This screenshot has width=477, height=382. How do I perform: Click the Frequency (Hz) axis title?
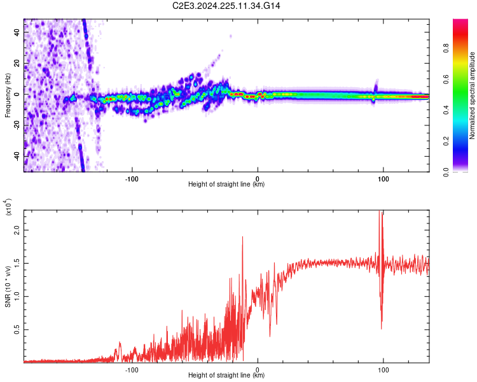tap(8, 95)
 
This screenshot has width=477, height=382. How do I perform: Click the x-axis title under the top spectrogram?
tap(226, 184)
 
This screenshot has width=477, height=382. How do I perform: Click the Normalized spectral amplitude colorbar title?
tap(473, 95)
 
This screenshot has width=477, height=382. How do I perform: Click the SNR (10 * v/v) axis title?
tap(8, 283)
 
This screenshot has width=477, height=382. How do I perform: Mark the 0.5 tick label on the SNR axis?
tap(17, 329)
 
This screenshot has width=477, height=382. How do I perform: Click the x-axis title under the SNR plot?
tap(226, 375)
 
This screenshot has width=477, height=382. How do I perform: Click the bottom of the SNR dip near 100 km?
tap(382, 329)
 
